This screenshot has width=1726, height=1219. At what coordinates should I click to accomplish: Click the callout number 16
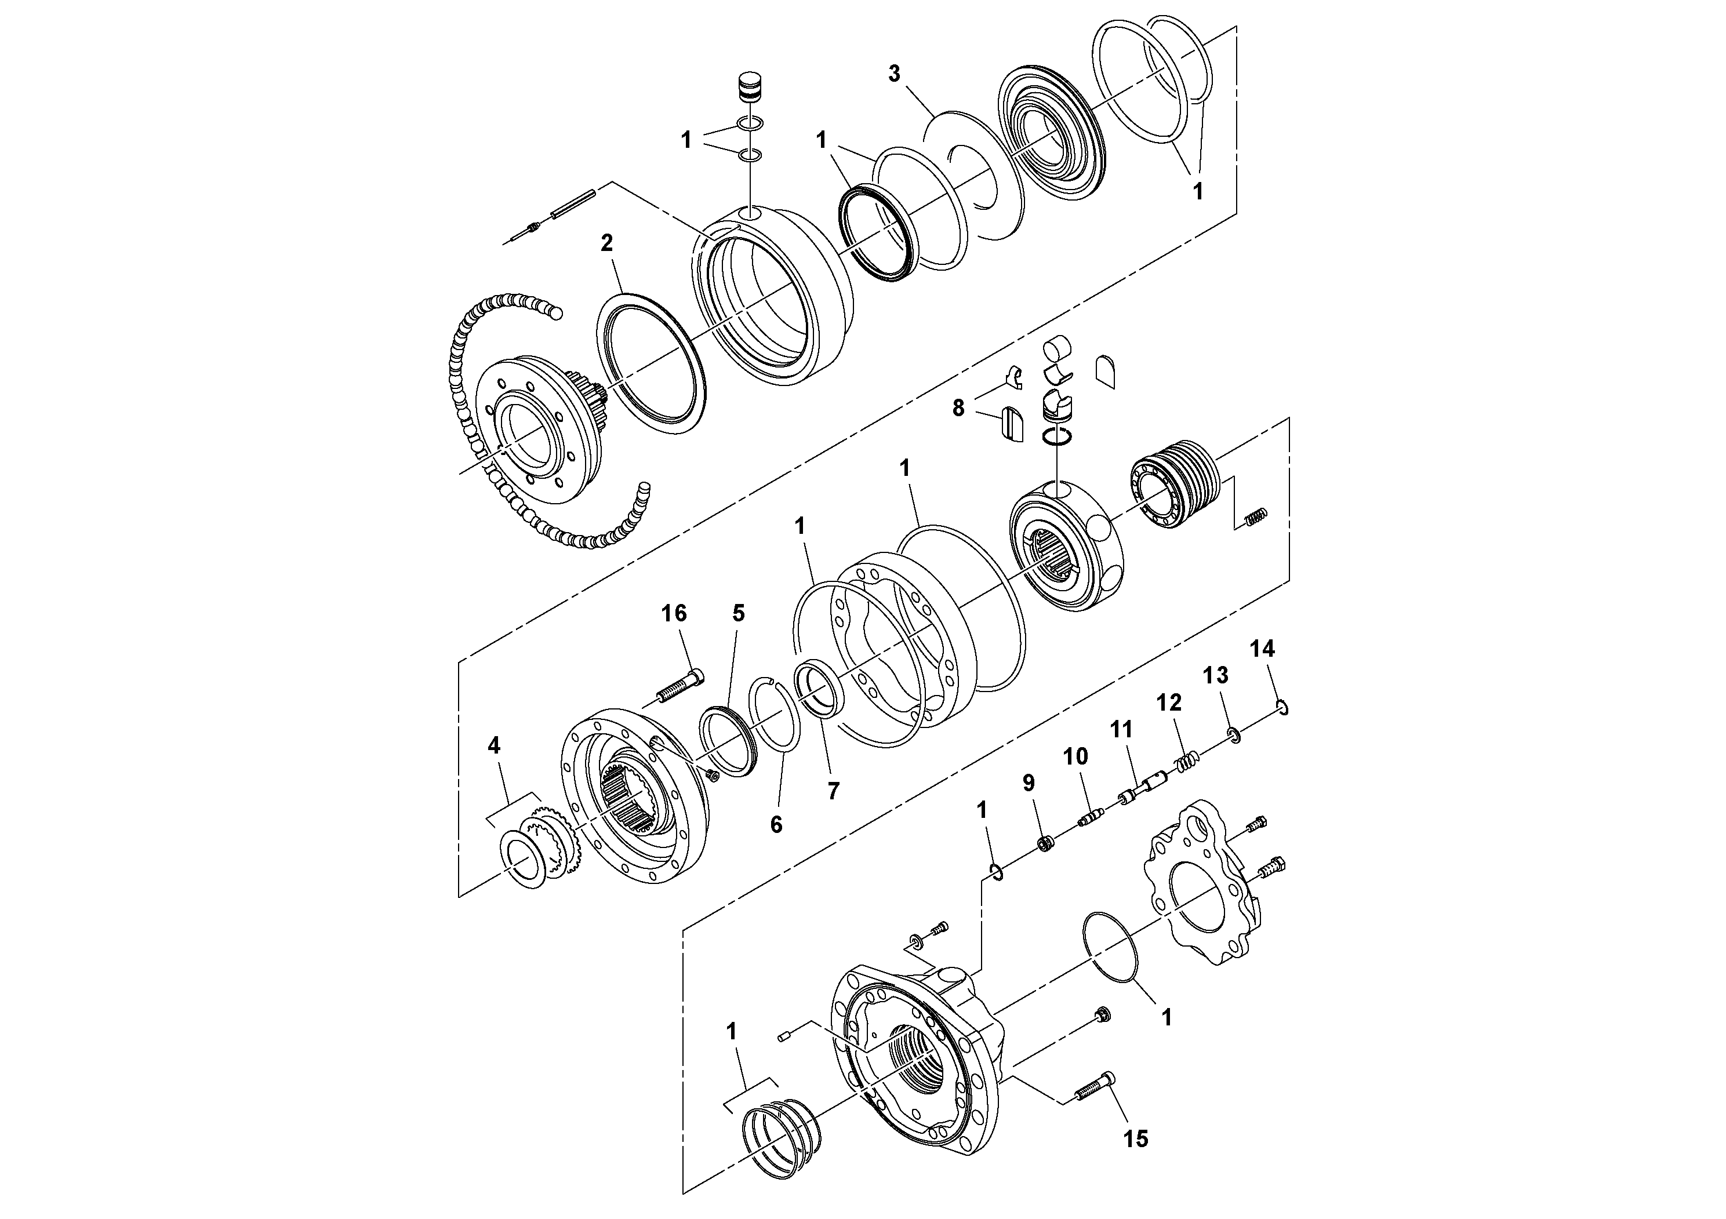tap(674, 614)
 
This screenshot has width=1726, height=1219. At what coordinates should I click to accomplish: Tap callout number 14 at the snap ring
tap(1262, 649)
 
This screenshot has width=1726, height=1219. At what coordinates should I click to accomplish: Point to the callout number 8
tap(958, 409)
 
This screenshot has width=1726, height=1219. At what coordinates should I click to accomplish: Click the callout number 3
tap(894, 74)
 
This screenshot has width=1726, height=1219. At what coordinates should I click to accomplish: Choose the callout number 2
tap(606, 243)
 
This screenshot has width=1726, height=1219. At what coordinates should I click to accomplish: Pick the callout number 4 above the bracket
tap(493, 745)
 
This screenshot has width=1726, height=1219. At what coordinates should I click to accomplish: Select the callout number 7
tap(833, 791)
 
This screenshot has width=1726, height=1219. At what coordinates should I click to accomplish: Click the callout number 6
tap(776, 824)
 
